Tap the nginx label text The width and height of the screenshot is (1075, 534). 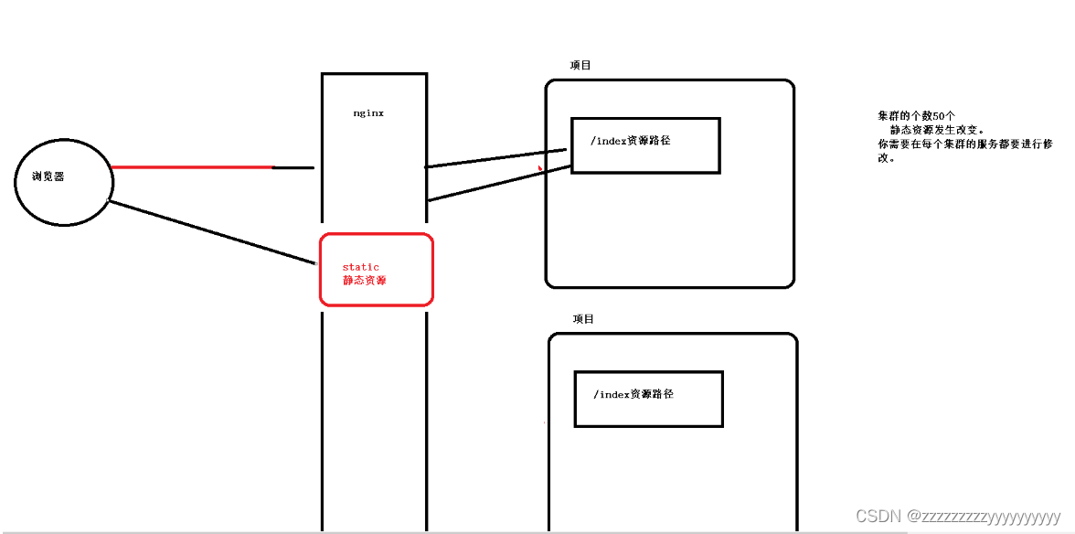[x=368, y=113]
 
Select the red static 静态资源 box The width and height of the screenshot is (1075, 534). [x=376, y=270]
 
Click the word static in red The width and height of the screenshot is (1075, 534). [x=360, y=267]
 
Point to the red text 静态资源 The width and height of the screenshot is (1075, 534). [x=365, y=280]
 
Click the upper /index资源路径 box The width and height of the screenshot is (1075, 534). [x=645, y=145]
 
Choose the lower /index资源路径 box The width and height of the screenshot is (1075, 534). [x=648, y=399]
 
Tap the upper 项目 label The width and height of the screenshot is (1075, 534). [x=580, y=66]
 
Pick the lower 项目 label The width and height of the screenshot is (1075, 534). [x=583, y=319]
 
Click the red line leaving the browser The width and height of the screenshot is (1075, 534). [x=192, y=167]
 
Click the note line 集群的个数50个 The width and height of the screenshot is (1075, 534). [x=916, y=116]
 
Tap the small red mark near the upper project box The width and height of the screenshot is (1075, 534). [x=540, y=168]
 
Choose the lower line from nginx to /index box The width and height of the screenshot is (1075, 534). [x=500, y=183]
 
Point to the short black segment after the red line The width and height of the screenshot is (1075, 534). [x=293, y=168]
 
